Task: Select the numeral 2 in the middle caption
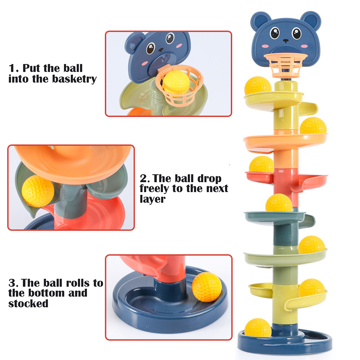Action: pyautogui.click(x=143, y=178)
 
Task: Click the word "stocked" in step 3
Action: pyautogui.click(x=28, y=303)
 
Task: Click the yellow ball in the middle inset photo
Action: pyautogui.click(x=38, y=191)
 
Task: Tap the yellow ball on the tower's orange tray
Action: pyautogui.click(x=313, y=126)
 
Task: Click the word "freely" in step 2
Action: pyautogui.click(x=157, y=189)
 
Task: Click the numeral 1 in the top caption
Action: pyautogui.click(x=12, y=68)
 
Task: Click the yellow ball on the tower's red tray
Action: pyautogui.click(x=261, y=165)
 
